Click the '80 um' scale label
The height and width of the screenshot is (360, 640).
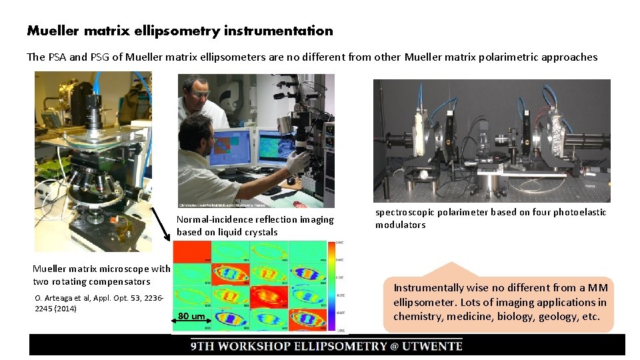click(x=193, y=316)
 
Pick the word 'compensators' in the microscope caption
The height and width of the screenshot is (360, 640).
click(x=120, y=281)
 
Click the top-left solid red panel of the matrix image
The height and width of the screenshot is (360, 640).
click(x=192, y=251)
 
